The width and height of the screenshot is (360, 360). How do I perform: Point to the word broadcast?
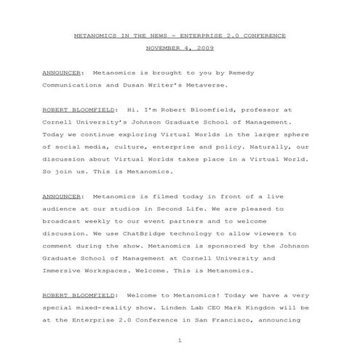63,220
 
